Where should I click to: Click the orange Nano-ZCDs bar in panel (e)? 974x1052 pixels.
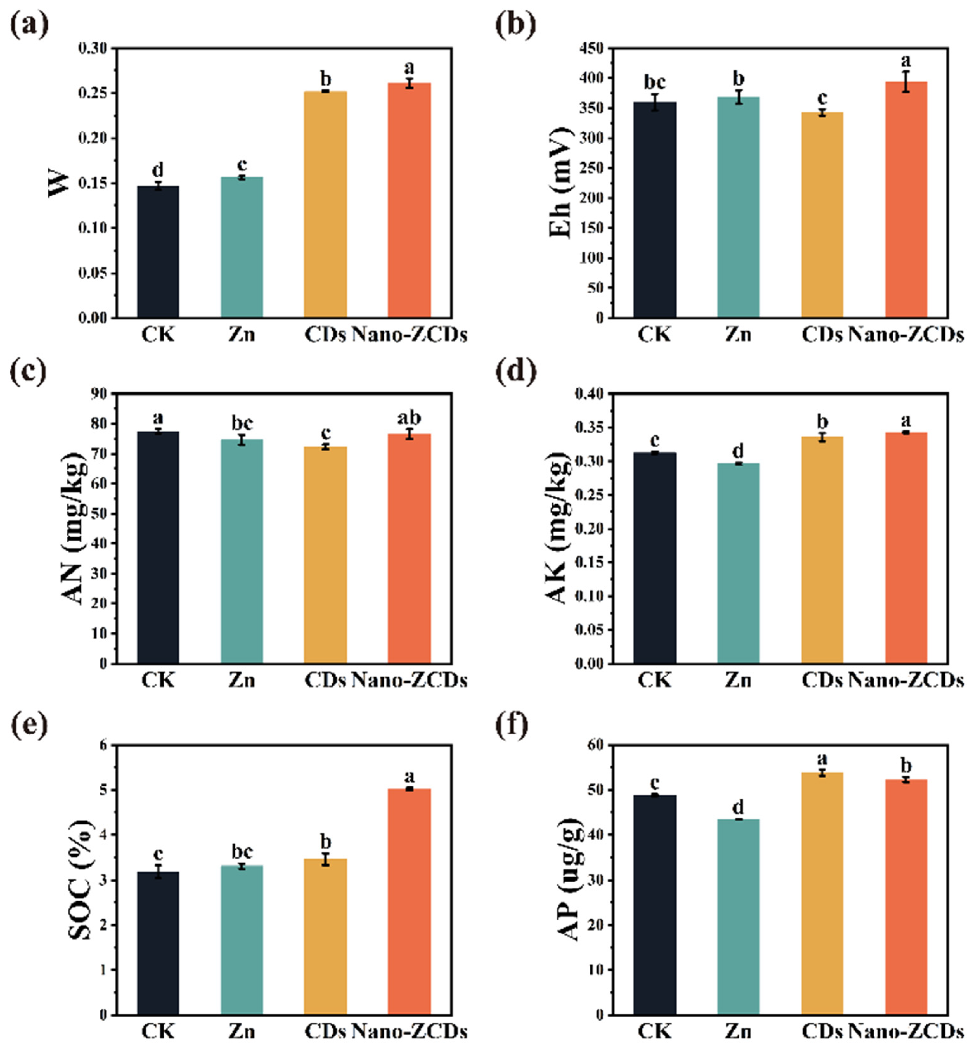pos(409,901)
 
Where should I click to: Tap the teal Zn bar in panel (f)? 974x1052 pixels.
pos(738,917)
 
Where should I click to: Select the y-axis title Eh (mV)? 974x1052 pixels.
pos(561,183)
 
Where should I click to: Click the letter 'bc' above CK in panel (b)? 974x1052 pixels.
pos(655,82)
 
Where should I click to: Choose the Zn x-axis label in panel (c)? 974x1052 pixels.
pos(242,680)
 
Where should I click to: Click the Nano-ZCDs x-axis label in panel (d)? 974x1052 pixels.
pos(906,680)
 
